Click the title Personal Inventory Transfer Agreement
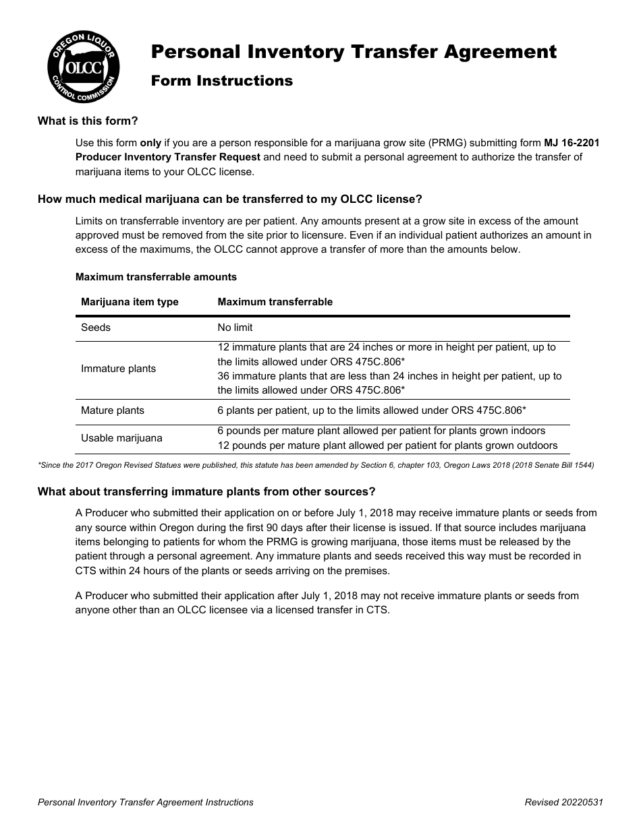(354, 52)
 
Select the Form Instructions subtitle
(221, 81)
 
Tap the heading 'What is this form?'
(88, 121)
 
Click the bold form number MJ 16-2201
(572, 143)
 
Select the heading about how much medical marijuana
(229, 199)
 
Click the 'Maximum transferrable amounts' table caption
(156, 277)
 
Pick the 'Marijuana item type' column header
(130, 302)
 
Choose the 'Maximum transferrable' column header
(275, 302)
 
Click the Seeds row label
(96, 328)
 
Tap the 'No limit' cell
(235, 328)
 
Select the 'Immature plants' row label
(118, 369)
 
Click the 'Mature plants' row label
(113, 410)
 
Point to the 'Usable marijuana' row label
(121, 438)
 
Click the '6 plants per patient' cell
(371, 410)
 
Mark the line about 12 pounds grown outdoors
(387, 446)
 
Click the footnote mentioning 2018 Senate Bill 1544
(316, 466)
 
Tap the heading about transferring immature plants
(206, 491)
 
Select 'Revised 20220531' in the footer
(563, 802)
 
